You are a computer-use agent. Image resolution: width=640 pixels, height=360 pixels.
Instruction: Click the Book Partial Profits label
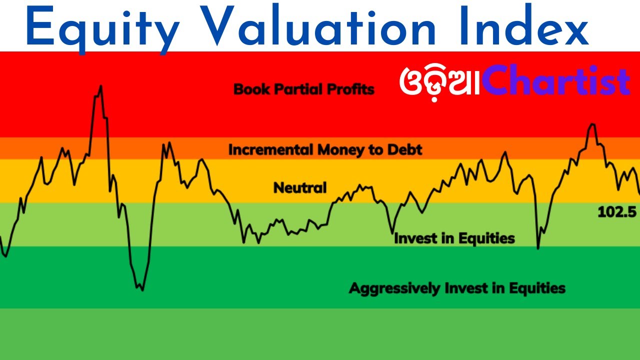point(304,89)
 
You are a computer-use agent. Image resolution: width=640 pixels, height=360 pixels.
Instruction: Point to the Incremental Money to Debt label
point(325,149)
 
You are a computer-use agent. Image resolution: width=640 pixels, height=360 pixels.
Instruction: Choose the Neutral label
point(300,188)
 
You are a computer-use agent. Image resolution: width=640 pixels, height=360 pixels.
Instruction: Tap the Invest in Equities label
point(454,238)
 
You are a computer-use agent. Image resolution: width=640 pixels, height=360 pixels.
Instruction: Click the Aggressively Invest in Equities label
point(457,288)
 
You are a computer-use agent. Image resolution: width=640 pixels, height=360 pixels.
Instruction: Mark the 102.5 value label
point(617,212)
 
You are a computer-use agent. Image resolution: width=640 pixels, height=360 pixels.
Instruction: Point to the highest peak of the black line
point(101,86)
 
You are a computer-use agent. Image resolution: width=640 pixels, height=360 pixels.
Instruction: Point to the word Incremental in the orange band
point(270,149)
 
